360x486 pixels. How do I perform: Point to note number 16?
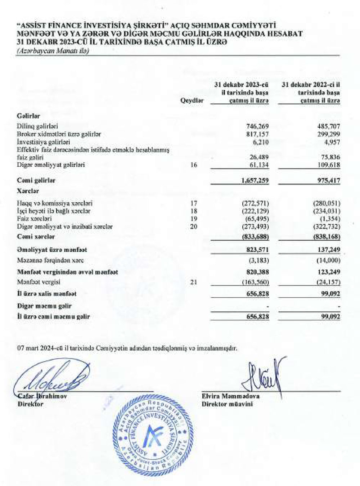[194, 165]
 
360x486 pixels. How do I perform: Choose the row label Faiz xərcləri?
[34, 219]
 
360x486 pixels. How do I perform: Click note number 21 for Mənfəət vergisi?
[194, 282]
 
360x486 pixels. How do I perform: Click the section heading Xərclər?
[28, 191]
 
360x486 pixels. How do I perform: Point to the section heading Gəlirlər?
[28, 116]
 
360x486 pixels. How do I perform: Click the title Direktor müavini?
[227, 404]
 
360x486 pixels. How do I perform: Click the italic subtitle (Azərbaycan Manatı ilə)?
[53, 51]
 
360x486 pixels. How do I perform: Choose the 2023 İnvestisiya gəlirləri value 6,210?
[261, 142]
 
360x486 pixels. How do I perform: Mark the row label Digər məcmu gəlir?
[44, 306]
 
